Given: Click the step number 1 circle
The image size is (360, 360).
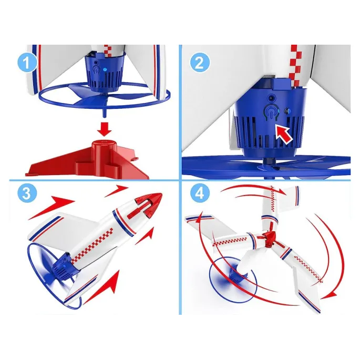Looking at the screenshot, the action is pyautogui.click(x=27, y=63).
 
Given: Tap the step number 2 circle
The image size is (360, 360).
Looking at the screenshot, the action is pyautogui.click(x=200, y=63).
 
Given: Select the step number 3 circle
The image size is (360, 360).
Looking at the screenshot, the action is pyautogui.click(x=27, y=193).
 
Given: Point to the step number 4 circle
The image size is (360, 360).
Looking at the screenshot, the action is pyautogui.click(x=200, y=193).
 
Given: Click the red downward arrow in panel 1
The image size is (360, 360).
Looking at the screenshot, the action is pyautogui.click(x=105, y=130).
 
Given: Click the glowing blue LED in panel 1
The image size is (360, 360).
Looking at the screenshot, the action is pyautogui.click(x=105, y=69).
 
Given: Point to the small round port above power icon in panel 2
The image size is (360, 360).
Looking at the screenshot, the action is pyautogui.click(x=272, y=98).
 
